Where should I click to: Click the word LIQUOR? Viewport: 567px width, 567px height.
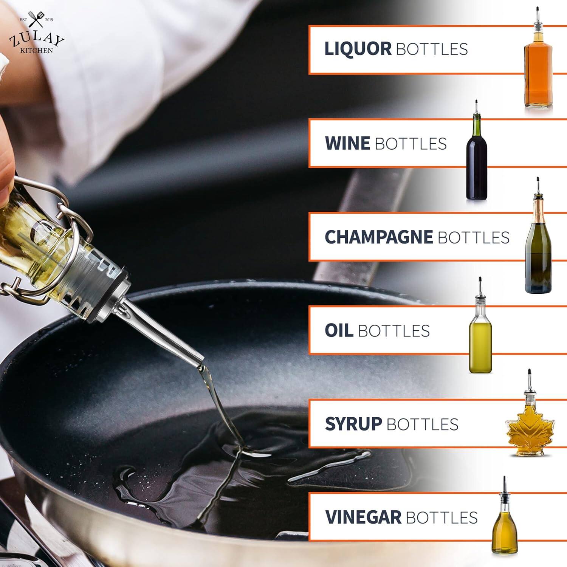click(x=358, y=49)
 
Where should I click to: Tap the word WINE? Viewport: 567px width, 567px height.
click(x=347, y=143)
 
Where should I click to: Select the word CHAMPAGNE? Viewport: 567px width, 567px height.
click(x=378, y=237)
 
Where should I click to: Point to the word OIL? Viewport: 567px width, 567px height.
click(x=339, y=330)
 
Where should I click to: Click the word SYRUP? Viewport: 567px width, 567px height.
click(x=353, y=424)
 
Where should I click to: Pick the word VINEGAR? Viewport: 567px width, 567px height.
click(x=363, y=517)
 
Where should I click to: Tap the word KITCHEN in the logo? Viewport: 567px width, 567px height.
click(x=36, y=50)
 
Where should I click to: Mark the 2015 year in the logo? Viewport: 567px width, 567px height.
click(x=49, y=20)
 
